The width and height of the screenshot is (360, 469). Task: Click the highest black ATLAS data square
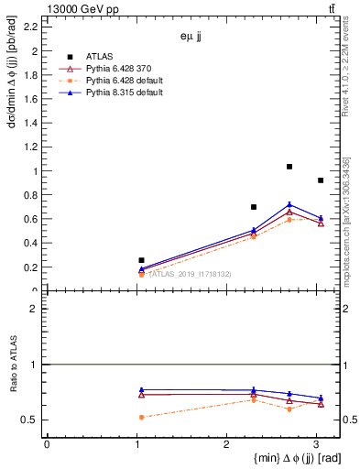coord(289,167)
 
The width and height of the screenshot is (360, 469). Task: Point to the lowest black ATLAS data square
coord(141,260)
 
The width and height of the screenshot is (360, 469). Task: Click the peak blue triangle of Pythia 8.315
coord(289,204)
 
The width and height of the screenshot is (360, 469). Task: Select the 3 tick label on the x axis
coord(316,443)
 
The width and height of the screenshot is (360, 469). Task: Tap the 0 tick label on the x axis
coord(47,443)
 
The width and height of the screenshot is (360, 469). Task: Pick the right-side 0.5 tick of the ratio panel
coord(338,420)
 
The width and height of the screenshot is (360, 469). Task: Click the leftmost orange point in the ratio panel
coord(141,417)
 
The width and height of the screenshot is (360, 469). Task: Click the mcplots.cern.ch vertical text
coord(348,229)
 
